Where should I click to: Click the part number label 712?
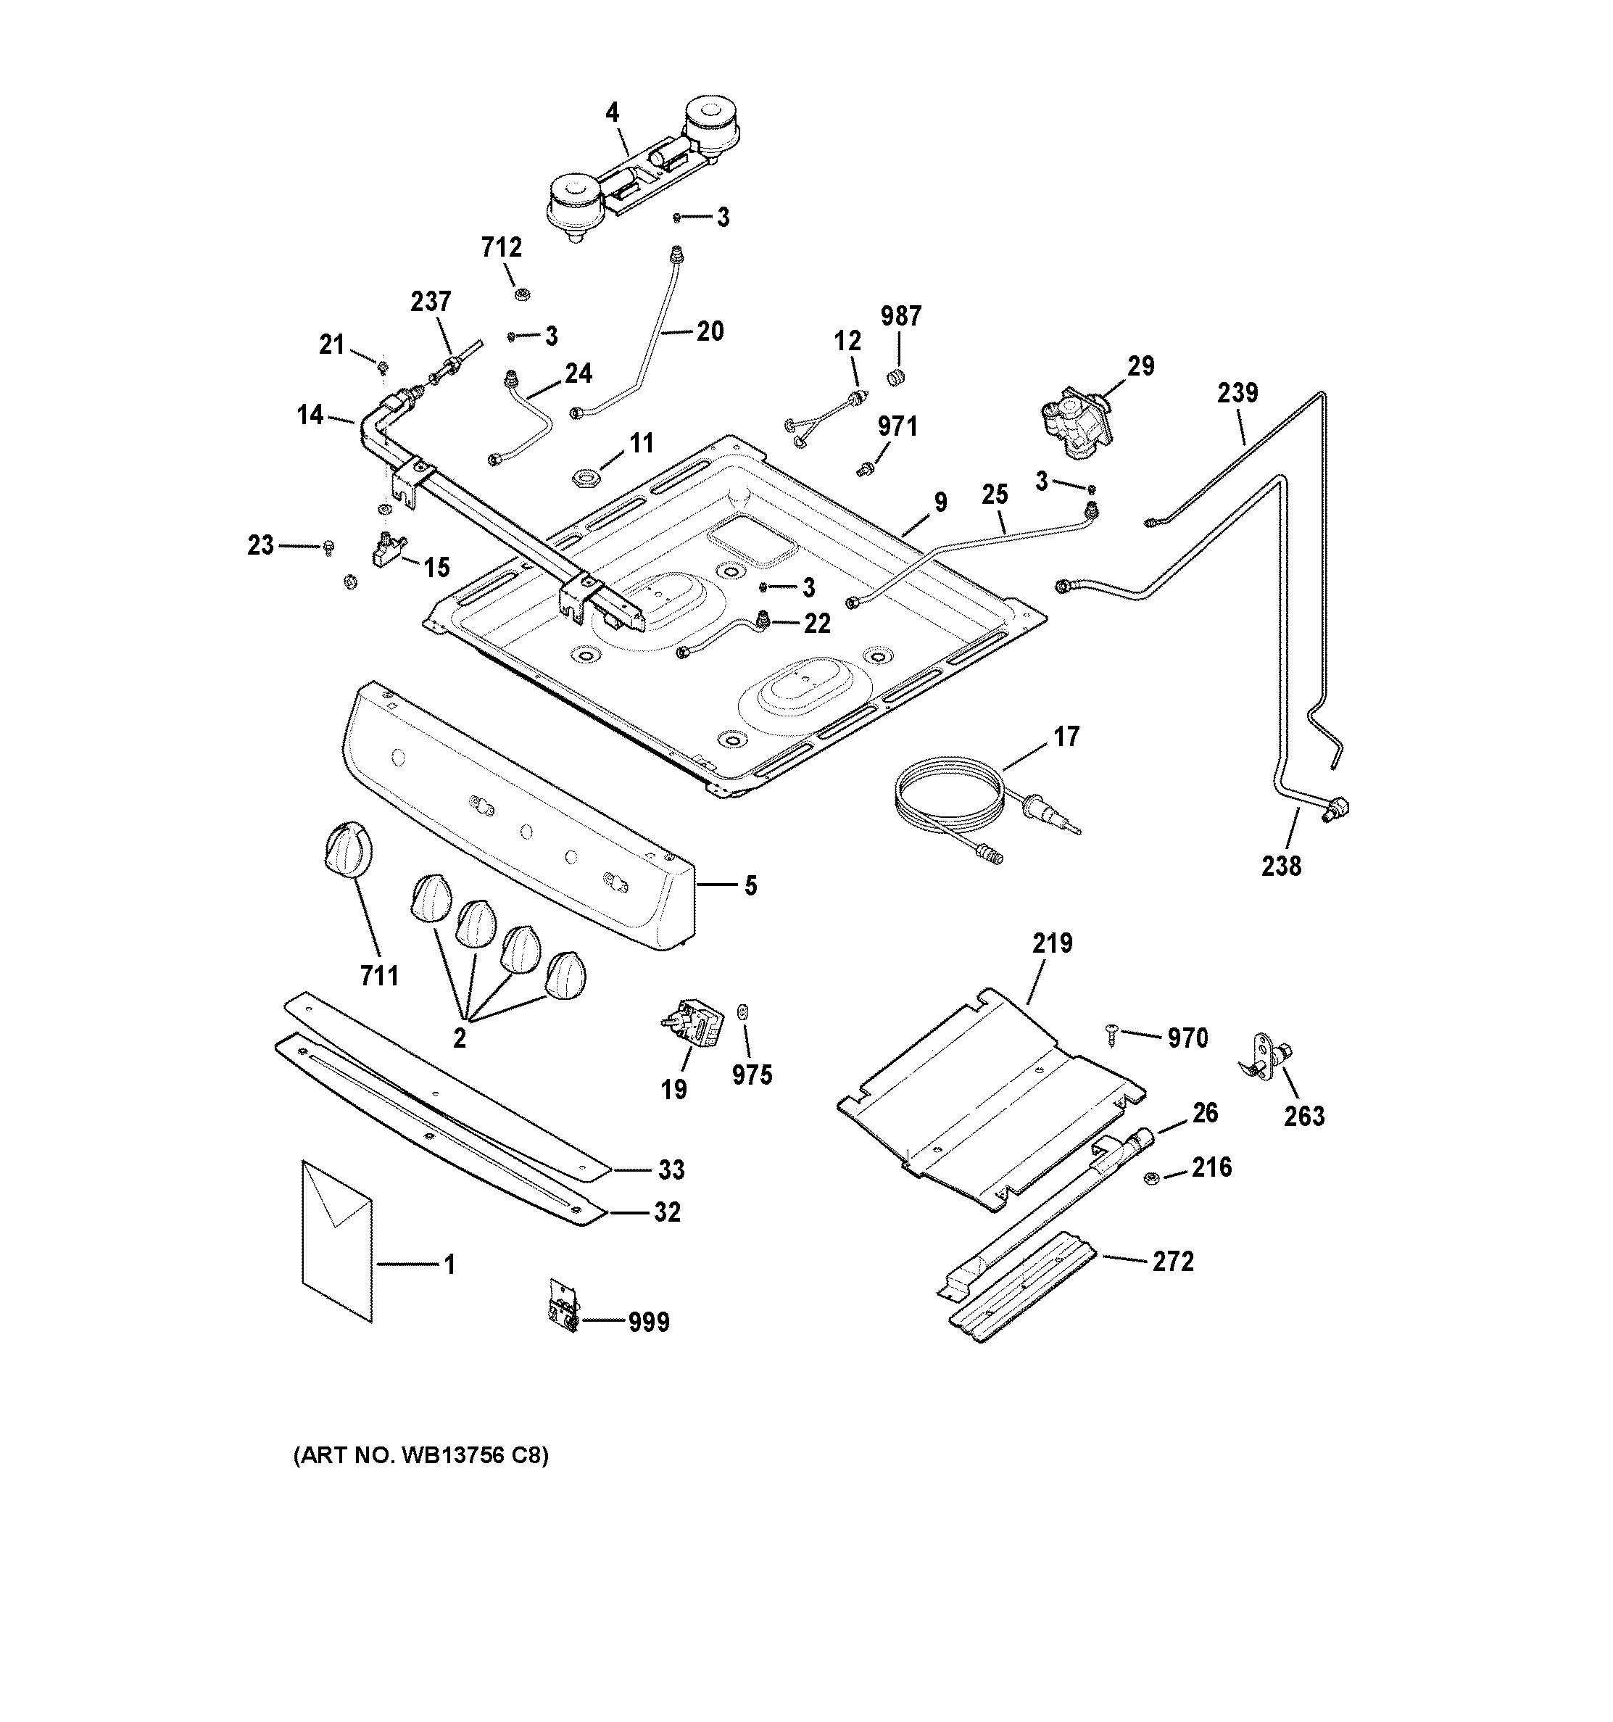502,248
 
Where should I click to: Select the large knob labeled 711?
347,846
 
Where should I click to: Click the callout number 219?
1052,943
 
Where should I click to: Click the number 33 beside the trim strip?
671,1170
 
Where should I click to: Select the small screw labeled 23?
328,547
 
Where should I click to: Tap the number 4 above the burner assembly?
613,112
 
